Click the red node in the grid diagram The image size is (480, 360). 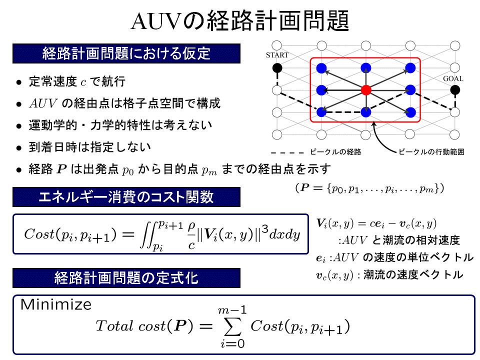point(366,90)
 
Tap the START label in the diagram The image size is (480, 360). point(277,55)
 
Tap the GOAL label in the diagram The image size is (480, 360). point(453,78)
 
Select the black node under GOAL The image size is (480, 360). point(454,90)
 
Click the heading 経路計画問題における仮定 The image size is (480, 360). point(126,53)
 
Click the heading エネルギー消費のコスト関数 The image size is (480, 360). point(126,196)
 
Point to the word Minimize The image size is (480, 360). point(56,304)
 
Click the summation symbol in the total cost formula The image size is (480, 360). point(231,327)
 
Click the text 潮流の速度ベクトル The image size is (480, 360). point(413,274)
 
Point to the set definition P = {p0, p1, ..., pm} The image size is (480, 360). point(366,188)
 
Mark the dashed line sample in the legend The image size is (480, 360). point(287,151)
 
